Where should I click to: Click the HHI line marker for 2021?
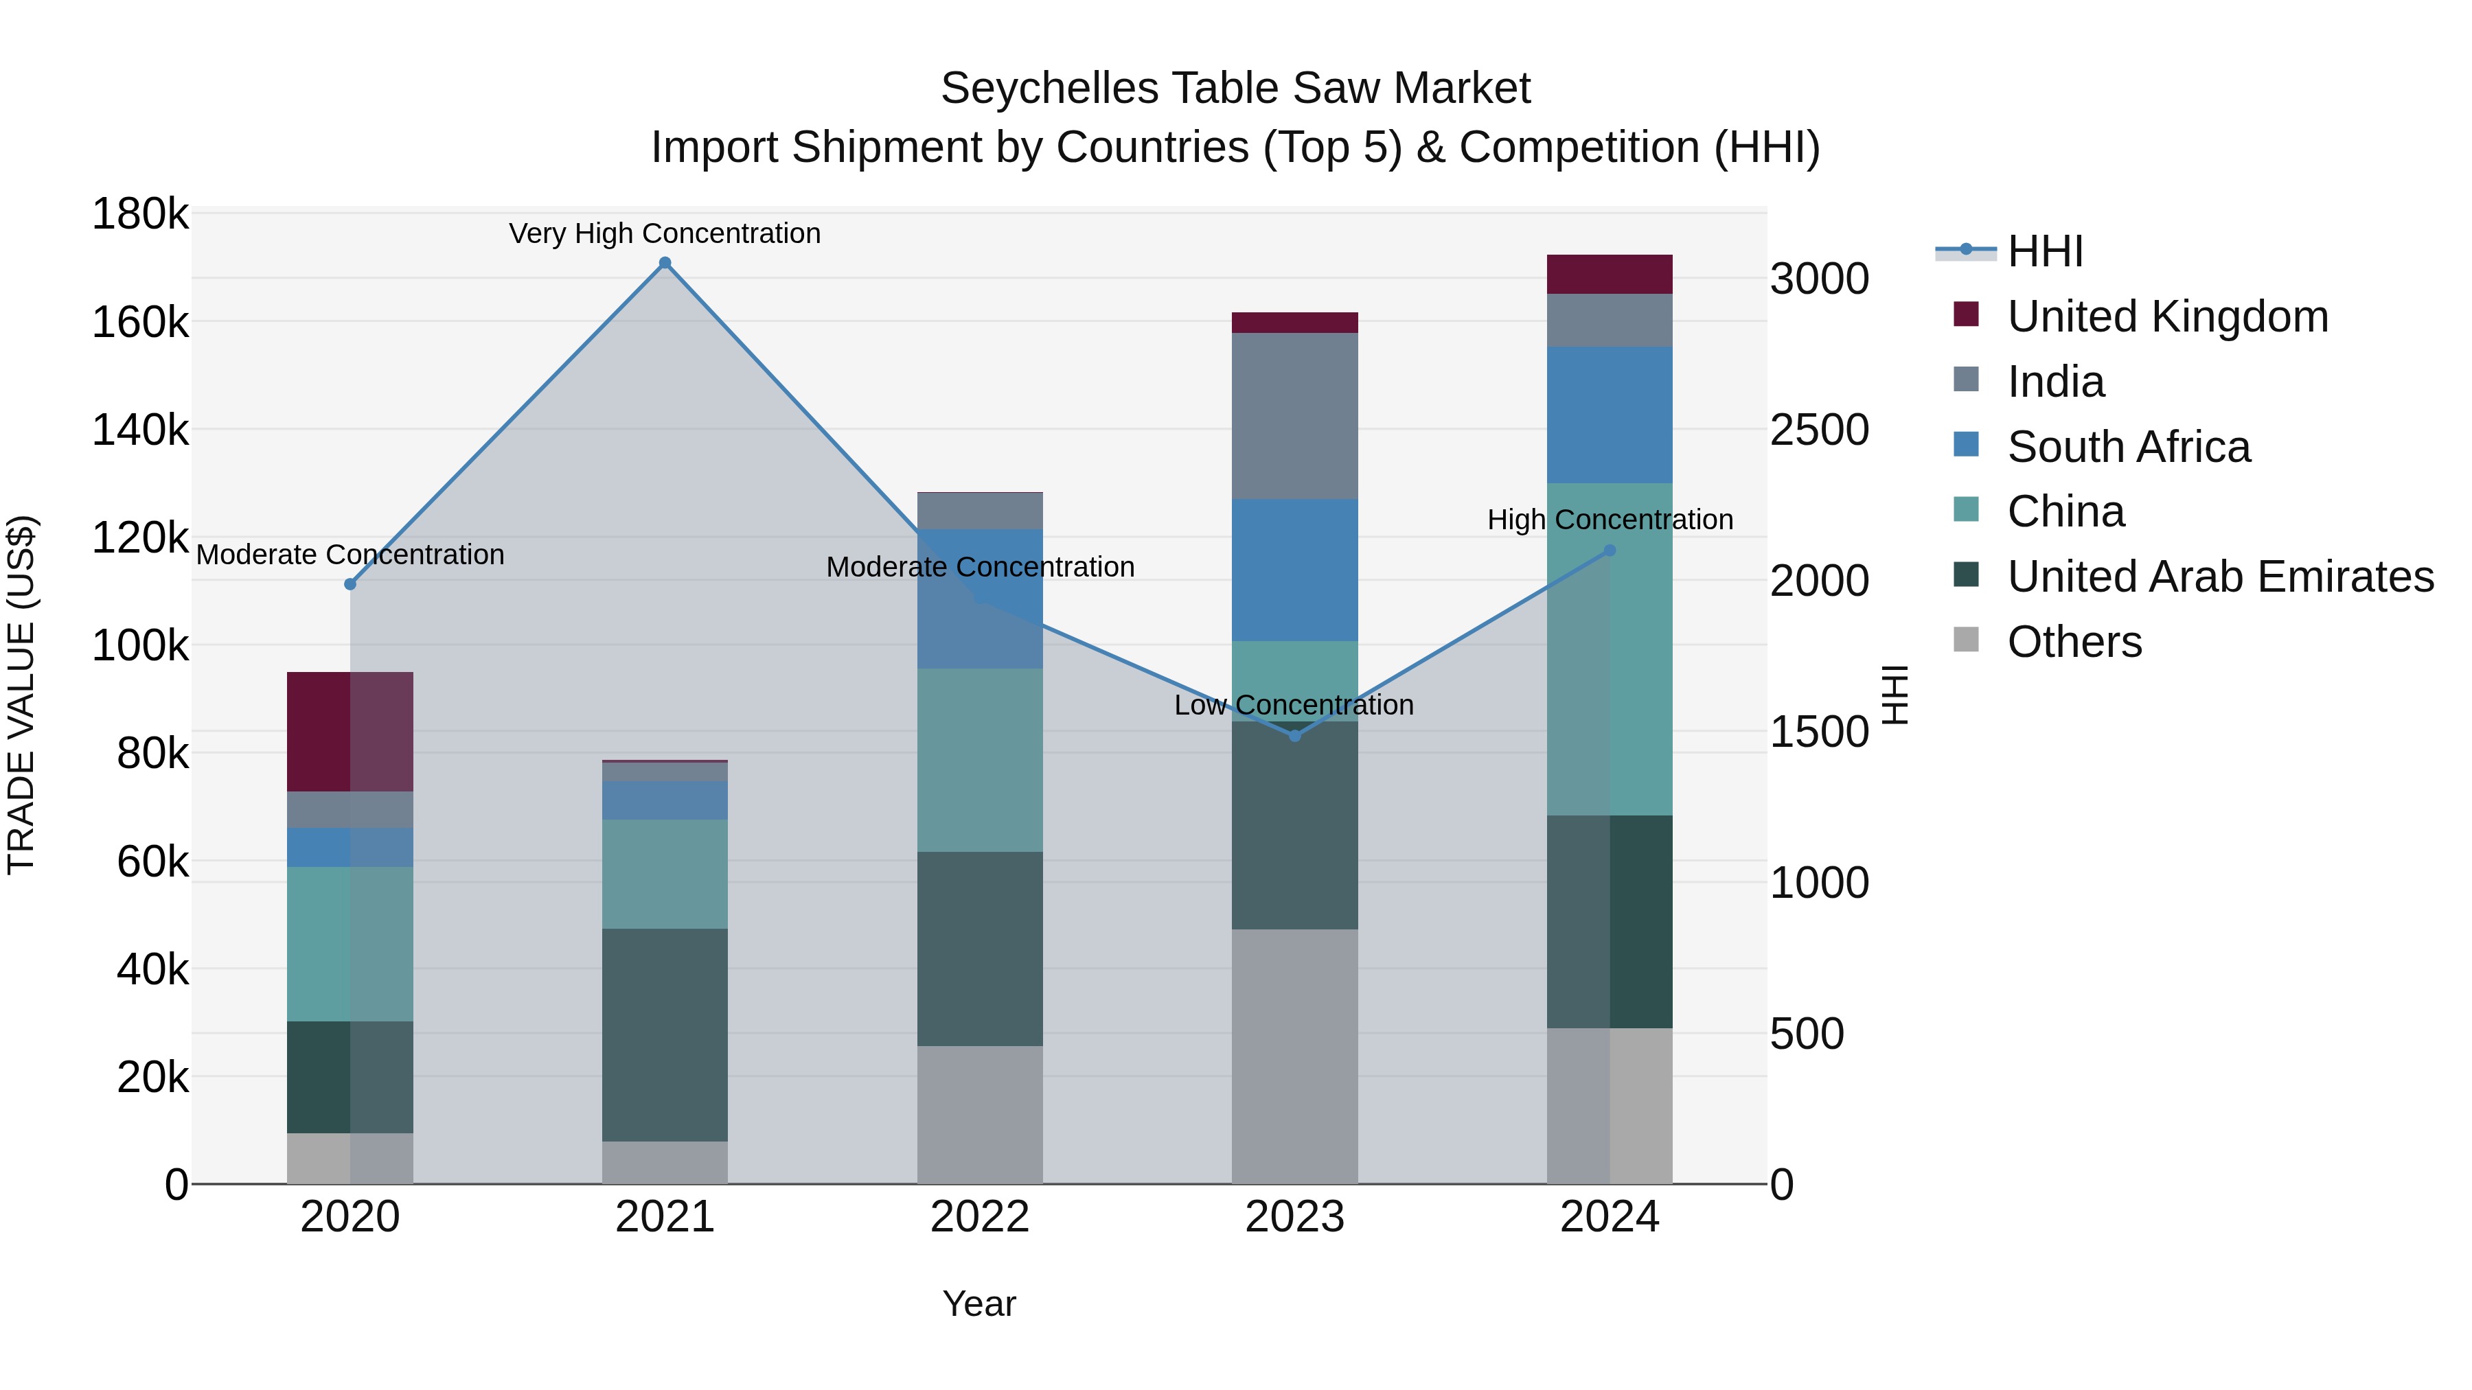pyautogui.click(x=665, y=263)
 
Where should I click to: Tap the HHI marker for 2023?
pyautogui.click(x=1294, y=736)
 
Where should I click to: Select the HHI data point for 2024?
pyautogui.click(x=1610, y=551)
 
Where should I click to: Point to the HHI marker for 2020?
pyautogui.click(x=350, y=584)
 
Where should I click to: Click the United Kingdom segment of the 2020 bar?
pyautogui.click(x=350, y=732)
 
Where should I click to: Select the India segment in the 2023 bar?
pyautogui.click(x=1294, y=415)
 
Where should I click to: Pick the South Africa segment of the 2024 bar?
pyautogui.click(x=1610, y=415)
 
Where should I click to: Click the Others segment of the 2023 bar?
pyautogui.click(x=1294, y=1055)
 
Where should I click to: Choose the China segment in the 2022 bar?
pyautogui.click(x=980, y=760)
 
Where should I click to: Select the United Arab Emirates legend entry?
pyautogui.click(x=2219, y=577)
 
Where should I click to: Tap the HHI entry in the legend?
pyautogui.click(x=2044, y=251)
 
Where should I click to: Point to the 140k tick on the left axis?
pyautogui.click(x=140, y=430)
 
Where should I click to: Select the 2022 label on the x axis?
pyautogui.click(x=980, y=1217)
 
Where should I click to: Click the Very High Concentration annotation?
pyautogui.click(x=665, y=233)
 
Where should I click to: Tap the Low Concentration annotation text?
pyautogui.click(x=1294, y=705)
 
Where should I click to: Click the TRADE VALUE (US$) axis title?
pyautogui.click(x=21, y=695)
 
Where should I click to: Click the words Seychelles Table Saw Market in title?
pyautogui.click(x=1235, y=89)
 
